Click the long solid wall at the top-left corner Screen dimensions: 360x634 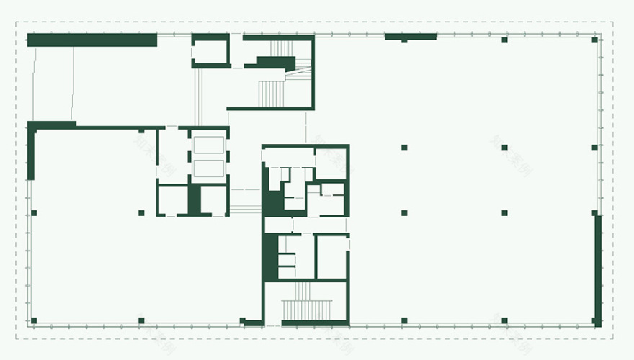tap(91, 40)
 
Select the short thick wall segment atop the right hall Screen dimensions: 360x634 tap(411, 36)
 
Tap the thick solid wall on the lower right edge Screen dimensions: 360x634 tap(598, 270)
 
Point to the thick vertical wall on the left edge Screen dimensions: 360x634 tap(30, 151)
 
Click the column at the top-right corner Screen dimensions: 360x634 tap(595, 40)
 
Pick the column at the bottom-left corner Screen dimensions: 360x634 tap(33, 320)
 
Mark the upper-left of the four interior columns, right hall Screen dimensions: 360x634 tap(404, 148)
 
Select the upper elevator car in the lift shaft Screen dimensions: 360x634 tap(208, 144)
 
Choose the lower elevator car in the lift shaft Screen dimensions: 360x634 tap(208, 168)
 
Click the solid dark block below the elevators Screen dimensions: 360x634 tap(194, 199)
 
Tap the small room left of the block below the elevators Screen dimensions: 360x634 tap(173, 199)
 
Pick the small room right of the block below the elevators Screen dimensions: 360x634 tap(214, 199)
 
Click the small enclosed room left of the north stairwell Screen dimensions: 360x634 tap(210, 51)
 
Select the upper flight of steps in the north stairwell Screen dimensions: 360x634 tap(282, 48)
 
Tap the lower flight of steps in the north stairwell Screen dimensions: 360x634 tap(272, 92)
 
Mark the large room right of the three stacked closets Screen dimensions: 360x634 tap(332, 256)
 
